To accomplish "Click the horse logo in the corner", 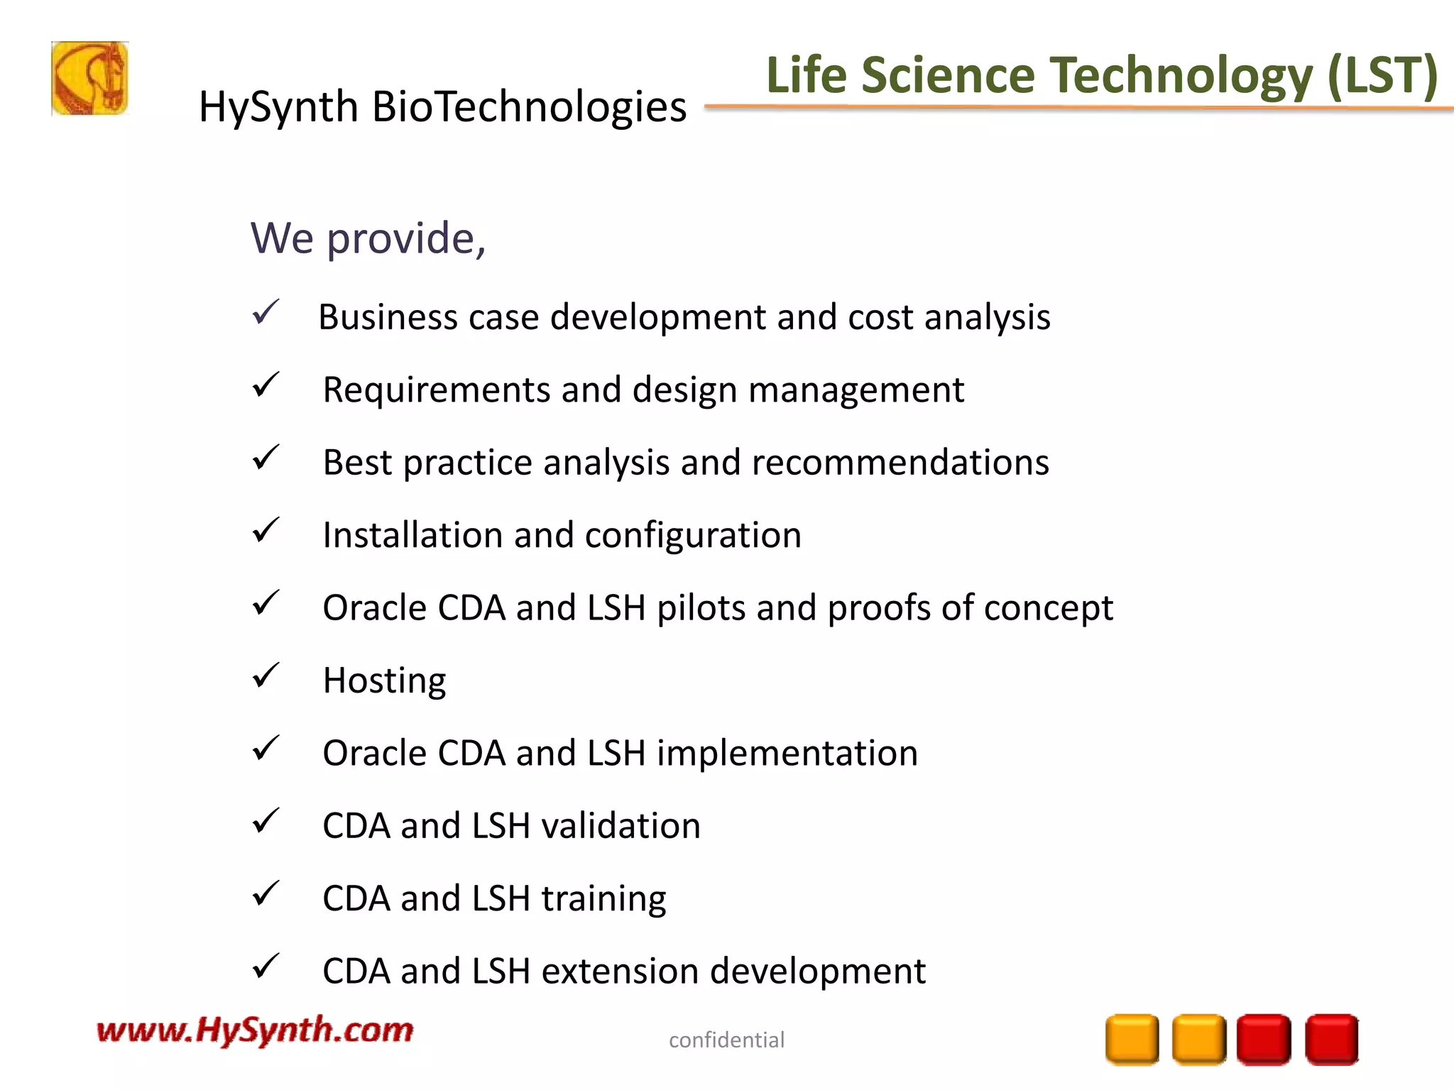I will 89,79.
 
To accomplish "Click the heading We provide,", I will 368,238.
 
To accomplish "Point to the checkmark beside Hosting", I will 266,676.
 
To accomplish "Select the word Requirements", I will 436,390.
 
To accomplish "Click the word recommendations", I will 900,463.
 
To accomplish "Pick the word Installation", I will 412,535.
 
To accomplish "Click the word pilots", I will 701,609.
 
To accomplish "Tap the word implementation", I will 787,753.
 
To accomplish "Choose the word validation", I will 621,826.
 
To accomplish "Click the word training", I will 603,899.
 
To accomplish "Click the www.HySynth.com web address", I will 255,1030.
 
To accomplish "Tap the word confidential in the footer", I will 726,1040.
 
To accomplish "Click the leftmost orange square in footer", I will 1132,1040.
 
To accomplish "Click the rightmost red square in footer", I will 1331,1040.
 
